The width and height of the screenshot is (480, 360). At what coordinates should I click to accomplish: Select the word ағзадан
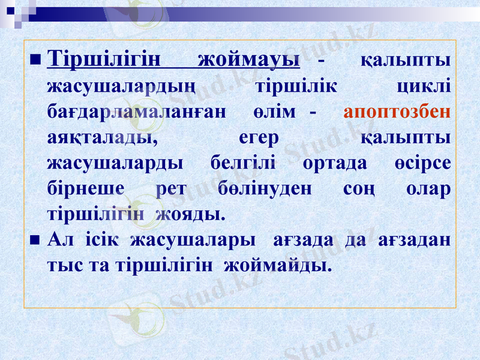415,239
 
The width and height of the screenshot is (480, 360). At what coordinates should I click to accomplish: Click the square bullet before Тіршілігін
34,60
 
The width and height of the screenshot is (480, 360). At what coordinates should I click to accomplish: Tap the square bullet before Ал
34,239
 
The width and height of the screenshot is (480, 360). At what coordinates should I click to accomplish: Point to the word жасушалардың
121,87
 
